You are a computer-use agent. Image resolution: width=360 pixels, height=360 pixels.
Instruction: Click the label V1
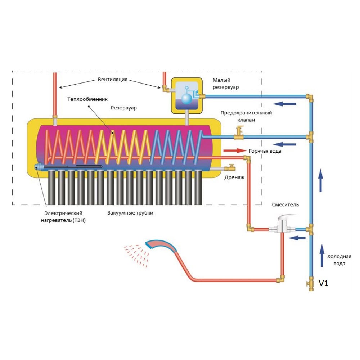tap(324, 284)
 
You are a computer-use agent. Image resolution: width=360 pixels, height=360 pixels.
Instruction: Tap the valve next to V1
tap(309, 284)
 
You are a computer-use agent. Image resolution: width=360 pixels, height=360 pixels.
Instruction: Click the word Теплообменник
tap(87, 99)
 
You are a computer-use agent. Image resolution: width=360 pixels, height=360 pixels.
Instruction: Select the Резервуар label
tap(123, 108)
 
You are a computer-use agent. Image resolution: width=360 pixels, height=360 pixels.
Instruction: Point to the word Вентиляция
tap(112, 79)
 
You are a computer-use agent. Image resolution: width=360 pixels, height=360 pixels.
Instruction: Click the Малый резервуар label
tap(225, 84)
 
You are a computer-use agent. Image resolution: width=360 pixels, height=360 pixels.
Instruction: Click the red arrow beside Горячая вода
tap(234, 150)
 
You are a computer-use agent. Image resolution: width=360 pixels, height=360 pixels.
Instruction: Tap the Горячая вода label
tap(265, 151)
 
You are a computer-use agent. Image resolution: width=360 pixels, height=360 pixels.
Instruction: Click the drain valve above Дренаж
tap(230, 167)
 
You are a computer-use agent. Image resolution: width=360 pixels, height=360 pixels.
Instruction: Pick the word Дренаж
tap(234, 177)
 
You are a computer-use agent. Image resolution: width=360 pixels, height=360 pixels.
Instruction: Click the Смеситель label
tap(285, 204)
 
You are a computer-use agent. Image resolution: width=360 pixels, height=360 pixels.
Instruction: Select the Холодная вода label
tap(339, 260)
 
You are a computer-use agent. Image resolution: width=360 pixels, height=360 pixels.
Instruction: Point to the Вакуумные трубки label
tap(130, 213)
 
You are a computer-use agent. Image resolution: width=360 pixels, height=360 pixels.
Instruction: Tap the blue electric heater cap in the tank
tap(37, 166)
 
